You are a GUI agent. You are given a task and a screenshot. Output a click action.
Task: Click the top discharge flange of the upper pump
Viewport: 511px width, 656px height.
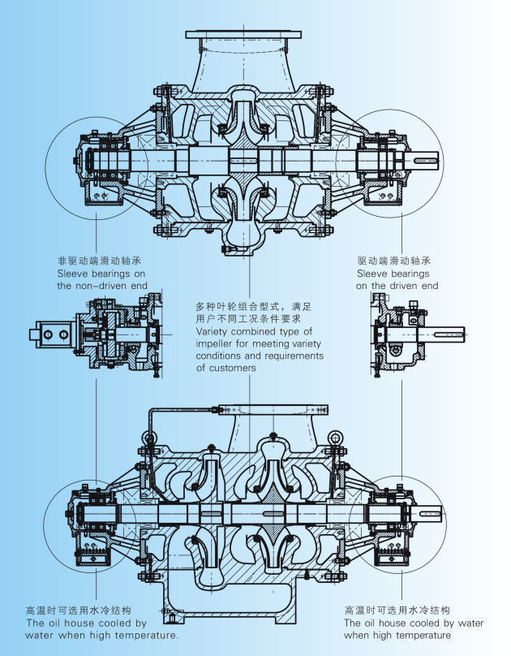[x=243, y=35]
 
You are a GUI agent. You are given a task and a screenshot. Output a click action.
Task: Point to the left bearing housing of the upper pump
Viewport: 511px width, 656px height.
[x=101, y=160]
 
